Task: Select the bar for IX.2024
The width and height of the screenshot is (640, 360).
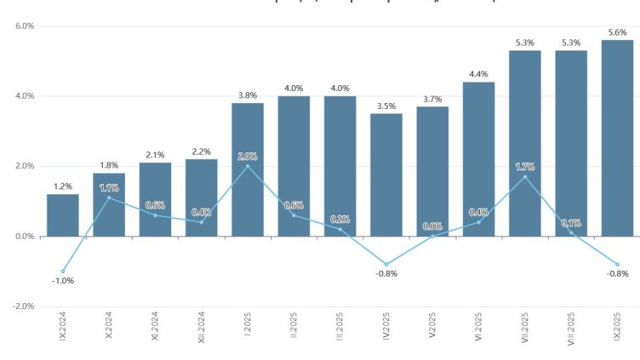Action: pos(63,215)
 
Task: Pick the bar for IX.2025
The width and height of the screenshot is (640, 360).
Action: pos(617,138)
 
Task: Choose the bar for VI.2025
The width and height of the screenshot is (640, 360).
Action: pos(478,159)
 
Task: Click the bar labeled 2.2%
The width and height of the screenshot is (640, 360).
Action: pos(202,197)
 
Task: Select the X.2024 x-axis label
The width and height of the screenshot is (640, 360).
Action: pos(109,327)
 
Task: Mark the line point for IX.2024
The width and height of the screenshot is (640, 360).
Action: pos(63,271)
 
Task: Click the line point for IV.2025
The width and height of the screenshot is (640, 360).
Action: pos(386,265)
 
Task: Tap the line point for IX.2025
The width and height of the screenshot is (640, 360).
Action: pos(617,265)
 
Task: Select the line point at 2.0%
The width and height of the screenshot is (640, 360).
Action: pos(248,166)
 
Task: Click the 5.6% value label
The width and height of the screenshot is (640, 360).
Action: pos(617,32)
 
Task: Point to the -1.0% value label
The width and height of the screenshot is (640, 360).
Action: pos(63,281)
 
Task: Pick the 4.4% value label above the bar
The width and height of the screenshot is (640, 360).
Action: pos(478,74)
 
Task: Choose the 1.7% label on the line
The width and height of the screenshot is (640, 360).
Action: pos(525,167)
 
